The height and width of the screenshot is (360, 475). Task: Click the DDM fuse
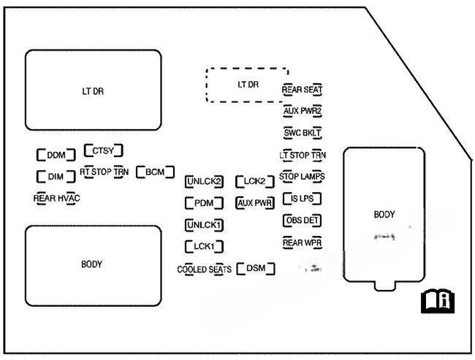click(x=56, y=155)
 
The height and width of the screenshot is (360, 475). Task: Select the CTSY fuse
click(x=103, y=150)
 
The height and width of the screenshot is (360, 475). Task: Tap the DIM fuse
click(x=56, y=177)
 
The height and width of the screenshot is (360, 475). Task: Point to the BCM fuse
click(x=155, y=172)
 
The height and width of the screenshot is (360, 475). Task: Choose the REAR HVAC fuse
click(x=56, y=198)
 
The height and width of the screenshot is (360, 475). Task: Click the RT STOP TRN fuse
click(x=104, y=172)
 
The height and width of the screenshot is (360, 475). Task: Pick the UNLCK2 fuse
click(x=204, y=181)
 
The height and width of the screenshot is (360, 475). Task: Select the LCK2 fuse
click(x=254, y=181)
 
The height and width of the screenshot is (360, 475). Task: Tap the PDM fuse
click(x=204, y=203)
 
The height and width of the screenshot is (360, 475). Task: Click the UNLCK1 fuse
click(x=204, y=225)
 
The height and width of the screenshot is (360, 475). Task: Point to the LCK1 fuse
click(x=204, y=247)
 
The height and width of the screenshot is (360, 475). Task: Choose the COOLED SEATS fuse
click(x=204, y=269)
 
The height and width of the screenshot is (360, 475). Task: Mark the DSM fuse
click(x=256, y=269)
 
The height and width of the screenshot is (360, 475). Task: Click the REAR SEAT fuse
click(x=303, y=89)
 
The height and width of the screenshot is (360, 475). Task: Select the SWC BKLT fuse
click(x=303, y=133)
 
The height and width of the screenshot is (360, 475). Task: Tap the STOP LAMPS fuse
click(x=303, y=177)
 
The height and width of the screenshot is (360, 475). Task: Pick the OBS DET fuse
click(x=303, y=220)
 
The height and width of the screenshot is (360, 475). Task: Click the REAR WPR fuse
click(x=303, y=242)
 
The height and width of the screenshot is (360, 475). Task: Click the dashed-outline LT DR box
click(x=247, y=85)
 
